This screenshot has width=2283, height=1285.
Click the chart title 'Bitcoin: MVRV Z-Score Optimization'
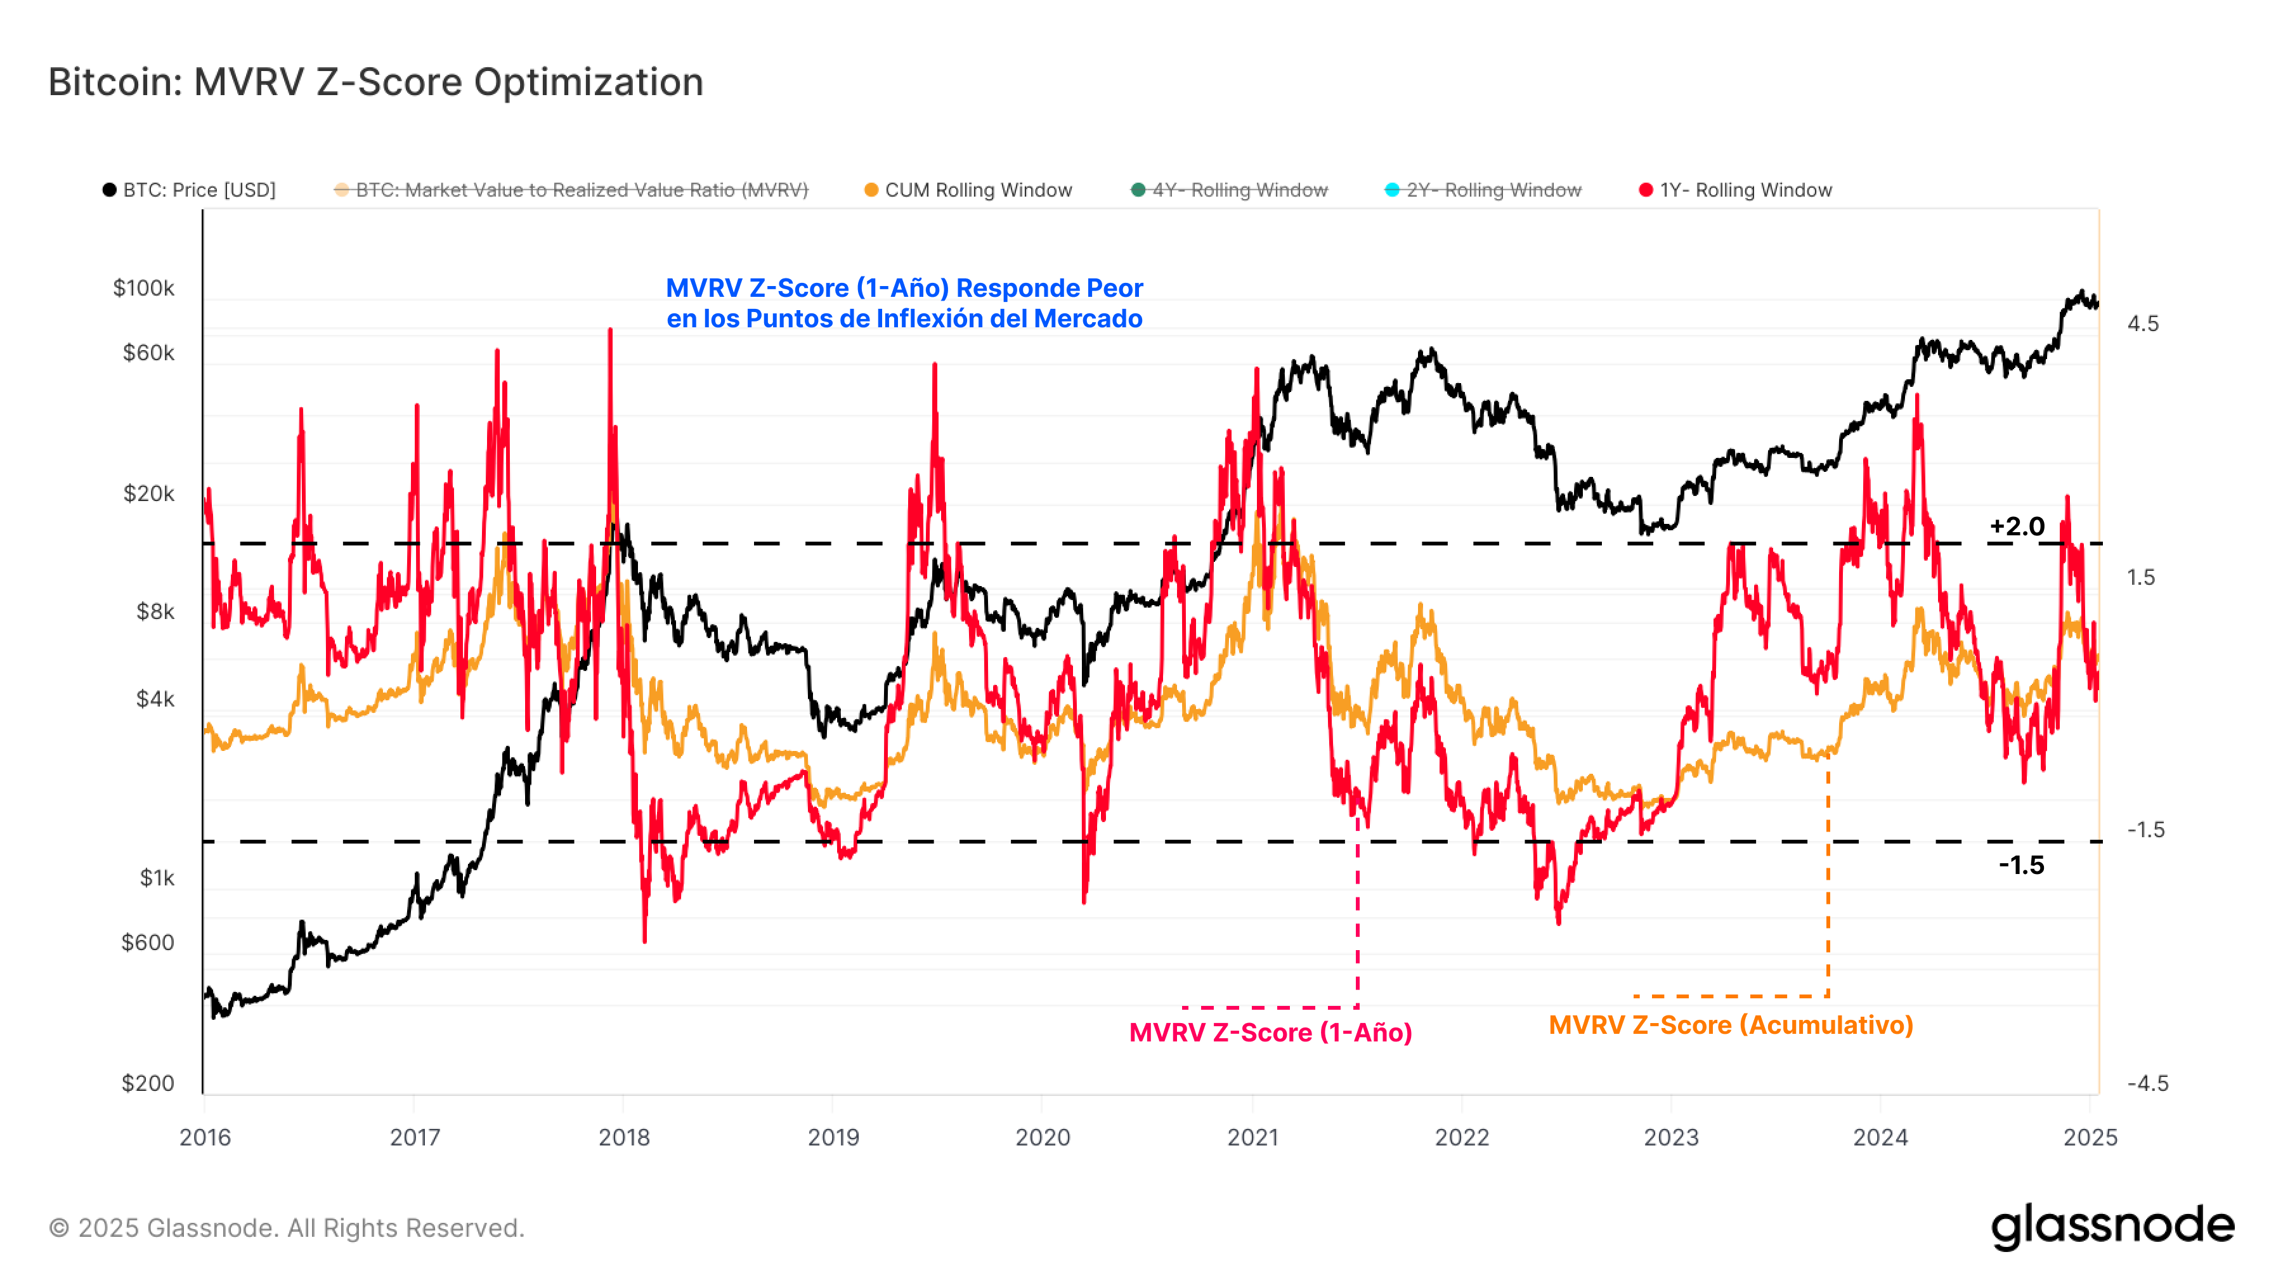pyautogui.click(x=376, y=82)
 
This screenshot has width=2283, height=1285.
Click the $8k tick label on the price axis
pyautogui.click(x=155, y=611)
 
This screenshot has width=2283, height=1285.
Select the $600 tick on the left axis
pyautogui.click(x=148, y=942)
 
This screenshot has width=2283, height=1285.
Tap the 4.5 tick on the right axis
pyautogui.click(x=2143, y=323)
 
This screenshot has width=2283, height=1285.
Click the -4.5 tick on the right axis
pyautogui.click(x=2147, y=1083)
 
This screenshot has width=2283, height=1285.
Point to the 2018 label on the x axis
pyautogui.click(x=624, y=1137)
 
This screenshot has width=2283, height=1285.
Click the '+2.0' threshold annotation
pyautogui.click(x=2017, y=526)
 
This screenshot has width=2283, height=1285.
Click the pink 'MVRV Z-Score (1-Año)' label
pyautogui.click(x=1270, y=1033)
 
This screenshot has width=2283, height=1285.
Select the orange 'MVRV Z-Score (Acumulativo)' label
pyautogui.click(x=1730, y=1026)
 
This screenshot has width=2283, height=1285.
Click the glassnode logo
pyautogui.click(x=2112, y=1227)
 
